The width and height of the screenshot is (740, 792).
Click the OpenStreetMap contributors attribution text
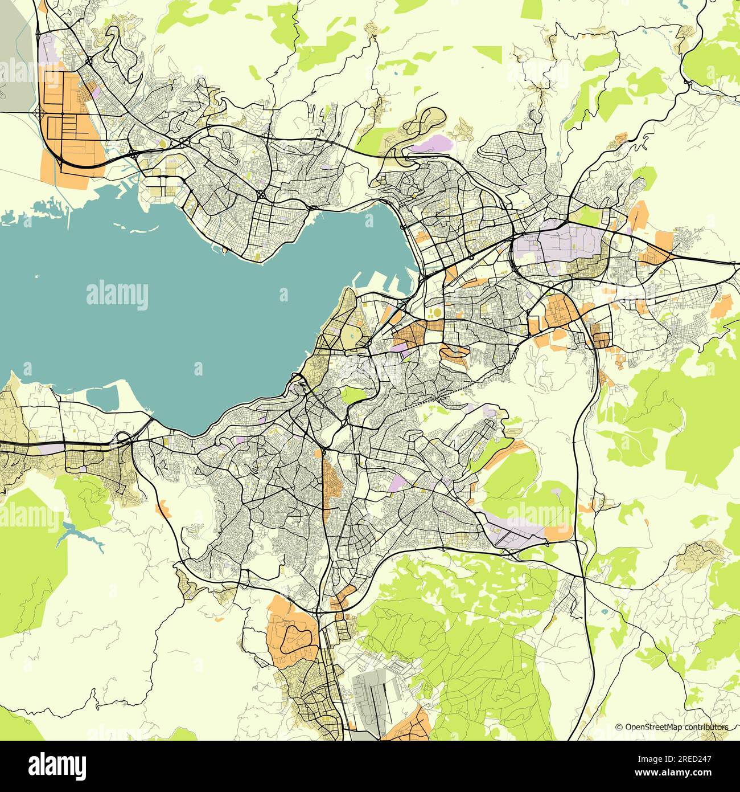[671, 727]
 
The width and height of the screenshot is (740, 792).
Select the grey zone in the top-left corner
[16, 57]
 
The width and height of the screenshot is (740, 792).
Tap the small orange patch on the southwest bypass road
[165, 506]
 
